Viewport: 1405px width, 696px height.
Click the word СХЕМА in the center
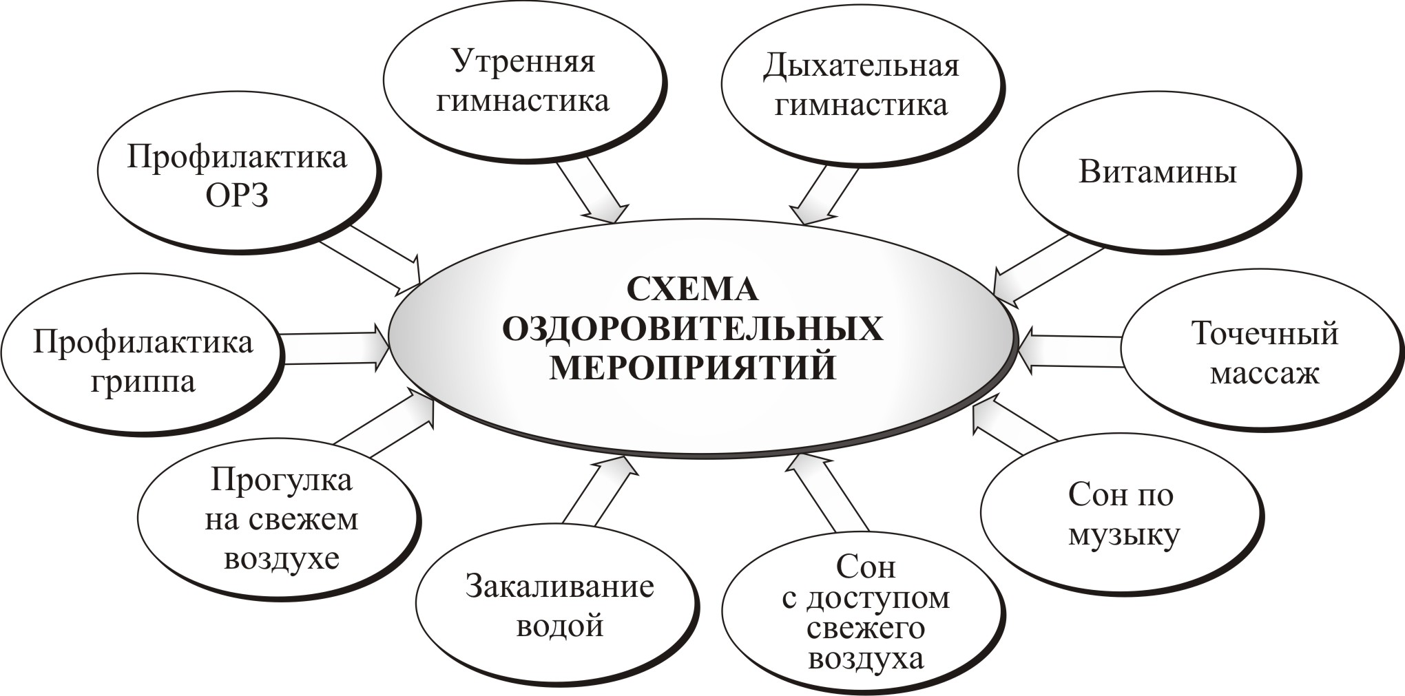(692, 289)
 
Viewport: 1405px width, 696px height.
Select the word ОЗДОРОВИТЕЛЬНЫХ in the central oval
(692, 328)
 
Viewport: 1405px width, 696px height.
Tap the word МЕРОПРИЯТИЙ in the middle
(692, 367)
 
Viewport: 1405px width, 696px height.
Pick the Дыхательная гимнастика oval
(861, 86)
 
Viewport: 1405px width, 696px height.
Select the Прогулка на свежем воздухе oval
(280, 520)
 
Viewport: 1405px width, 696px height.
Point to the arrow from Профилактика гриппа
(334, 349)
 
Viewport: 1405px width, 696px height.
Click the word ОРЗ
(238, 196)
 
